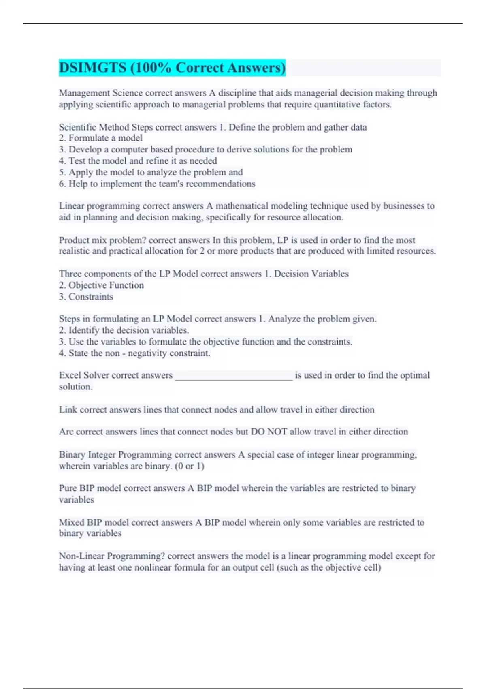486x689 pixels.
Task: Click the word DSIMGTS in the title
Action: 93,68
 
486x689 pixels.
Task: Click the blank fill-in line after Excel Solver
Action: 233,376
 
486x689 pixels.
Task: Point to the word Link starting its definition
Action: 68,409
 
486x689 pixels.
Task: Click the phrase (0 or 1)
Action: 190,466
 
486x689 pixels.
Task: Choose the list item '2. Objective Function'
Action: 101,285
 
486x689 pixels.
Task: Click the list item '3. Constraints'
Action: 86,297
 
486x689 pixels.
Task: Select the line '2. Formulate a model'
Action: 100,138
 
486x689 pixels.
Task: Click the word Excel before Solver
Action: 70,375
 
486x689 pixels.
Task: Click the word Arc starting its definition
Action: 66,432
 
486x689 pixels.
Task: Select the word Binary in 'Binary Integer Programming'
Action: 72,455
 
